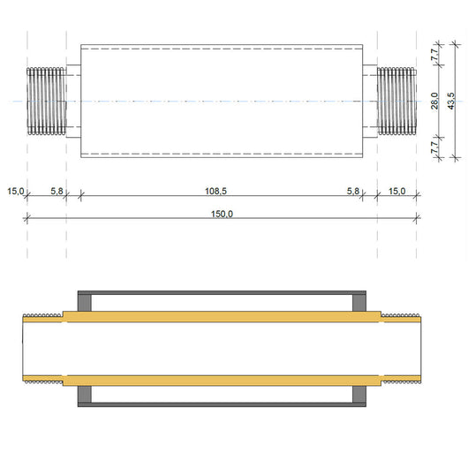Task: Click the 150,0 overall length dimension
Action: pos(221,213)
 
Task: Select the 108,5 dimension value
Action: pos(221,190)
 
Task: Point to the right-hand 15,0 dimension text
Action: pos(396,190)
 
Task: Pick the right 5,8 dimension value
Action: pos(353,190)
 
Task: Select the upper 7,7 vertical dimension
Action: pos(434,54)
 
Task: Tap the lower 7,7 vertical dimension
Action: pos(434,147)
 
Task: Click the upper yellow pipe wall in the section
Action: pos(221,315)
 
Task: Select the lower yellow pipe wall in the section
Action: pos(221,381)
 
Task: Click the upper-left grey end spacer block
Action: pos(86,303)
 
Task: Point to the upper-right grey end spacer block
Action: pos(359,303)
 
